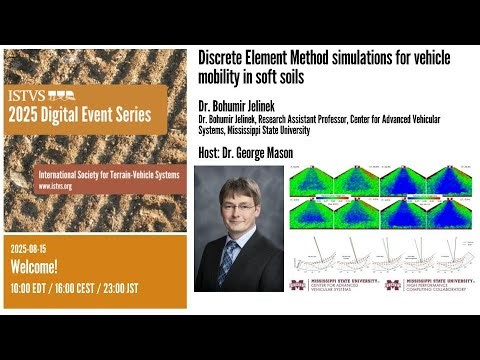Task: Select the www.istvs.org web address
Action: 60,186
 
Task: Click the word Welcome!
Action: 40,267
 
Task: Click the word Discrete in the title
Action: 223,59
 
